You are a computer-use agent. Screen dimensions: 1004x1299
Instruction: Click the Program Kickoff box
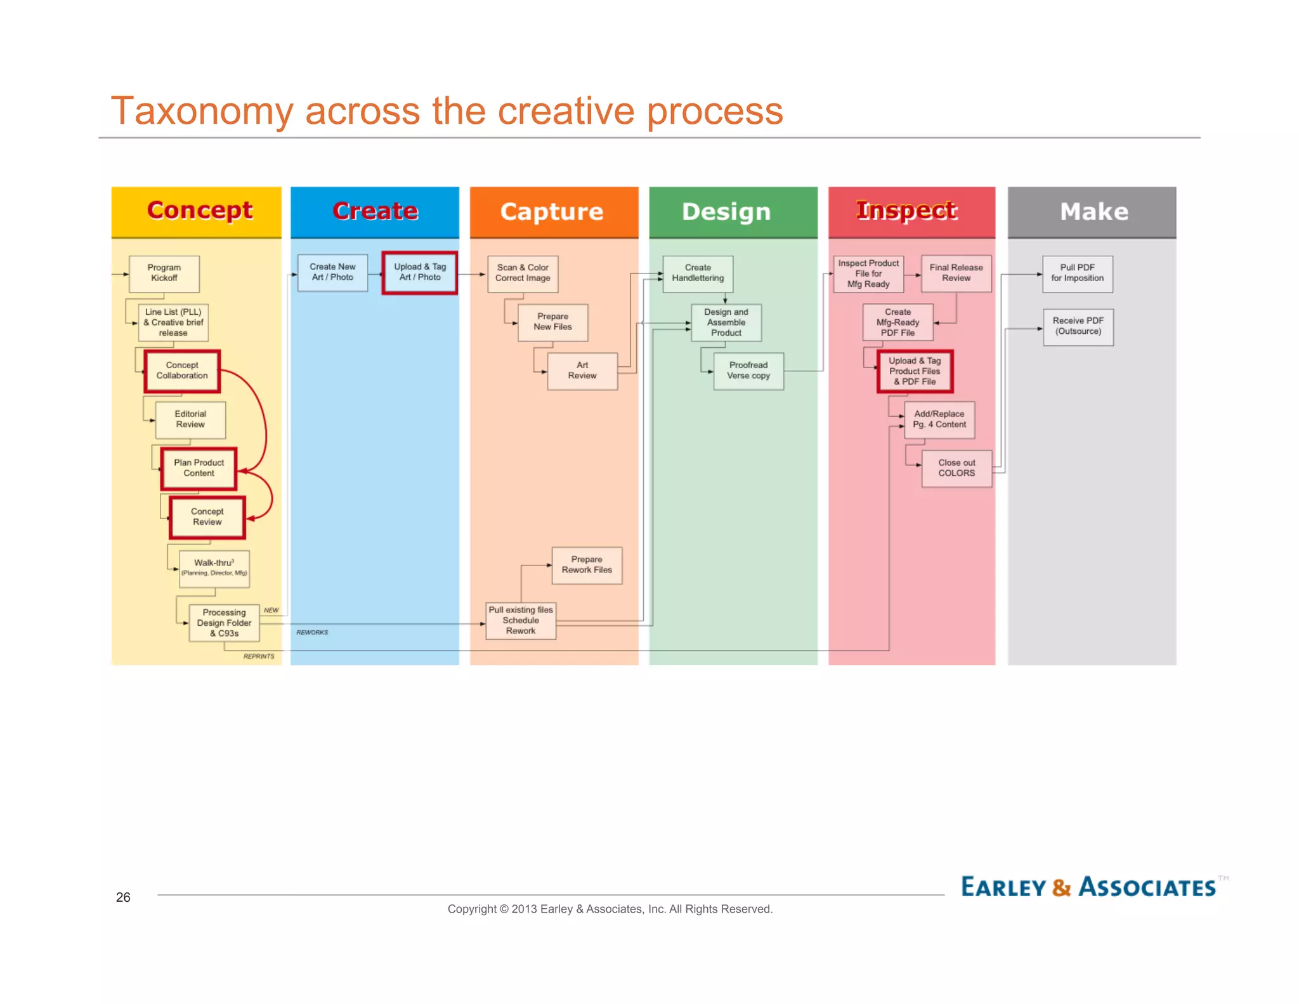click(x=164, y=274)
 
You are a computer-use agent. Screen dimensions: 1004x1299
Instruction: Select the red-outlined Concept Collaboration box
click(x=182, y=371)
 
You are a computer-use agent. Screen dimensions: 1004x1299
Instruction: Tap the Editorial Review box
click(x=190, y=419)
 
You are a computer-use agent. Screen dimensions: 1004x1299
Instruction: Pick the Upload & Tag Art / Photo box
click(x=419, y=272)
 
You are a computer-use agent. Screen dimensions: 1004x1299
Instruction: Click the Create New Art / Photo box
click(x=332, y=272)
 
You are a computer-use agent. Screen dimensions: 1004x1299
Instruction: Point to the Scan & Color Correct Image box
click(x=523, y=274)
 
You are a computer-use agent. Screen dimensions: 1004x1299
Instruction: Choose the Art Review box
click(x=582, y=371)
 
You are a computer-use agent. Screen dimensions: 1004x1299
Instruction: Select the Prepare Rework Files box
click(x=587, y=565)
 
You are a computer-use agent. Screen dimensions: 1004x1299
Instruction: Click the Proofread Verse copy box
click(x=748, y=371)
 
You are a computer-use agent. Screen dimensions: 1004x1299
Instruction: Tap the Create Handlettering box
click(x=698, y=274)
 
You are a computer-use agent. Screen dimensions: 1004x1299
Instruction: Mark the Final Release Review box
click(x=956, y=274)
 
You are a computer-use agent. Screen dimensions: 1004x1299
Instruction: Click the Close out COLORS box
click(x=956, y=468)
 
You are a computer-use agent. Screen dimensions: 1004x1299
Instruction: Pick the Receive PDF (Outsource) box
click(x=1078, y=326)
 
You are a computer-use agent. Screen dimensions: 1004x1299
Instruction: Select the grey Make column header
click(x=1092, y=212)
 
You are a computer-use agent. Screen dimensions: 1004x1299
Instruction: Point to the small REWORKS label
click(x=312, y=632)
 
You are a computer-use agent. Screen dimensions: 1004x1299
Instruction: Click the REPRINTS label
click(x=259, y=656)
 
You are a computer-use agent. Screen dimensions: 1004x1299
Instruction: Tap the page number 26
click(x=123, y=897)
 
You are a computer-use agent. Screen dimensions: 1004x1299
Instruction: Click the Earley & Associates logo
click(x=1088, y=887)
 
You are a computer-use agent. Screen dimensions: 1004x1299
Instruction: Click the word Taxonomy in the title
click(x=202, y=111)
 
